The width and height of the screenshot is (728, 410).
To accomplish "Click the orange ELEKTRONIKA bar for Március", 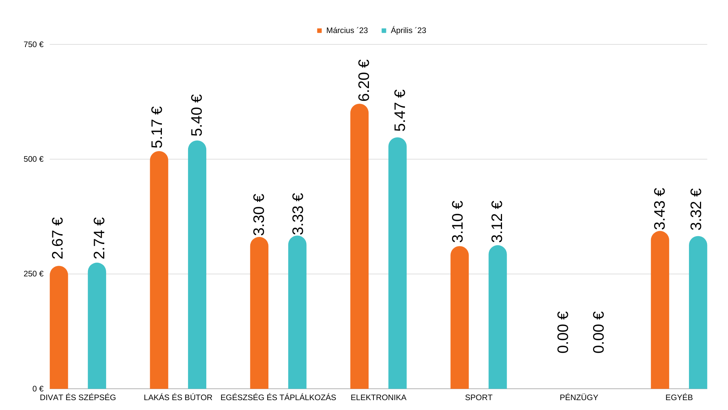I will tap(359, 247).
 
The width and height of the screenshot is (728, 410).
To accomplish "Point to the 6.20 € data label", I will tap(364, 80).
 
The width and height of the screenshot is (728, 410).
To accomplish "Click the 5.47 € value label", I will tap(400, 110).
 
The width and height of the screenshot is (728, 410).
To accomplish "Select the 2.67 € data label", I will tap(57, 238).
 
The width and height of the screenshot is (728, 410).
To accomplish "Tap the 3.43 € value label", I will tap(660, 209).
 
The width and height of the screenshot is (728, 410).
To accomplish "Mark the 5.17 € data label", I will tap(157, 127).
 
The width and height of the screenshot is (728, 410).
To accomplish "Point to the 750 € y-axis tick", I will tap(33, 44).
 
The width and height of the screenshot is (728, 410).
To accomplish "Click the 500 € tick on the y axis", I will tap(33, 159).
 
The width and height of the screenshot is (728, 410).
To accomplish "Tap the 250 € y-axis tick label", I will tap(33, 274).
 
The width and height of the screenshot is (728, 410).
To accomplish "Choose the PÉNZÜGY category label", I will tap(579, 397).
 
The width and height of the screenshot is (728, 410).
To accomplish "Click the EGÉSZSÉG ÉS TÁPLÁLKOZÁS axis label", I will tap(278, 397).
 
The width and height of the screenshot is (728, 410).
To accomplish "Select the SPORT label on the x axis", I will tap(479, 397).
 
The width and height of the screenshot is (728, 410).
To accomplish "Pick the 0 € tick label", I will tap(38, 389).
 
